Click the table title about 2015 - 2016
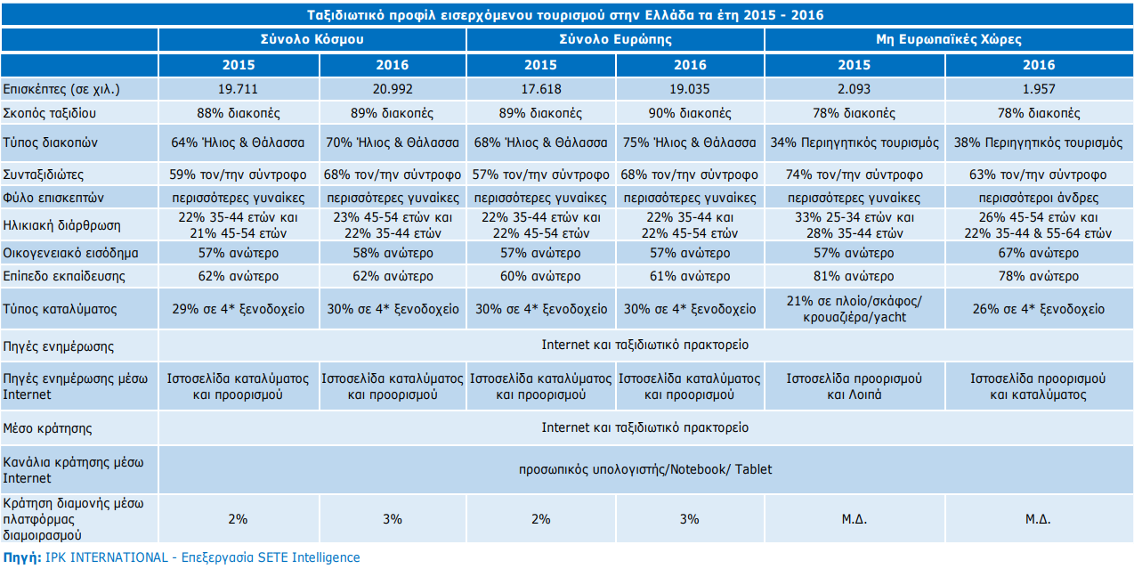565,15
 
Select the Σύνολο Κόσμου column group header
312,40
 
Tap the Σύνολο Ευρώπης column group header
615,40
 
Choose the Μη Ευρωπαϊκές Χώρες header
949,40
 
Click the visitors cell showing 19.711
239,89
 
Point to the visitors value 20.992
393,89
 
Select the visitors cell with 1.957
1039,89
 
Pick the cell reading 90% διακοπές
690,113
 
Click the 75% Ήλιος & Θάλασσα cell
690,142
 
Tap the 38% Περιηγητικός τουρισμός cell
1039,142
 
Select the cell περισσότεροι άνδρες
1039,198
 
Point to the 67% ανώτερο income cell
1039,253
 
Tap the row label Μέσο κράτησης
48,428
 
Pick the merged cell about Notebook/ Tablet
645,469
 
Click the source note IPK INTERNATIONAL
182,557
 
